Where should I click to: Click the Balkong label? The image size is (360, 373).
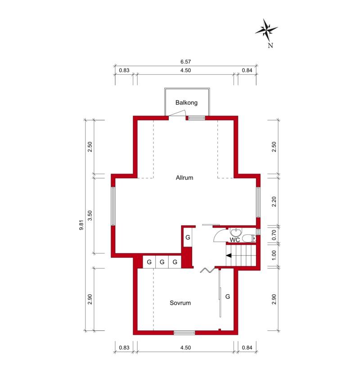tap(186, 103)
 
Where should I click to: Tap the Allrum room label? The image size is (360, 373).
tap(184, 178)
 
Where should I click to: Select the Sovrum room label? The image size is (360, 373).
tap(180, 303)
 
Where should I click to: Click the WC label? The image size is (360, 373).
tap(234, 240)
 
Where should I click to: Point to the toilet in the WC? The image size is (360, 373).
tap(249, 238)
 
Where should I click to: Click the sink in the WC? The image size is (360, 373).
tap(236, 232)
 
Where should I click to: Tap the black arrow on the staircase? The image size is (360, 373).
tap(229, 256)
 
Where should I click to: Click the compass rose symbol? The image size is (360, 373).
tap(266, 30)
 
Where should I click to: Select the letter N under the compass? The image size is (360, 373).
tap(270, 45)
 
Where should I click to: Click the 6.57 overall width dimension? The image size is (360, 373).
tap(185, 62)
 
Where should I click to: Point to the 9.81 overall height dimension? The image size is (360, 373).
tap(81, 225)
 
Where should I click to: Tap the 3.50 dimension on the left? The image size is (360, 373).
tap(90, 216)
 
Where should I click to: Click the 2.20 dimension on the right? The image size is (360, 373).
tap(274, 202)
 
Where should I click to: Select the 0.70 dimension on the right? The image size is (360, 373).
tap(274, 235)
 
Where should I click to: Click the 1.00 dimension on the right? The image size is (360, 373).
tap(274, 255)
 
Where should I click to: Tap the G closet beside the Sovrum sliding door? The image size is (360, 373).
tap(228, 297)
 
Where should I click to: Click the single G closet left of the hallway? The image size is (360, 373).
tap(188, 238)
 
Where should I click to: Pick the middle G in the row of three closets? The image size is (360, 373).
tap(162, 262)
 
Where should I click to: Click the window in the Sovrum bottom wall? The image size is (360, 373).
tap(184, 333)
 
